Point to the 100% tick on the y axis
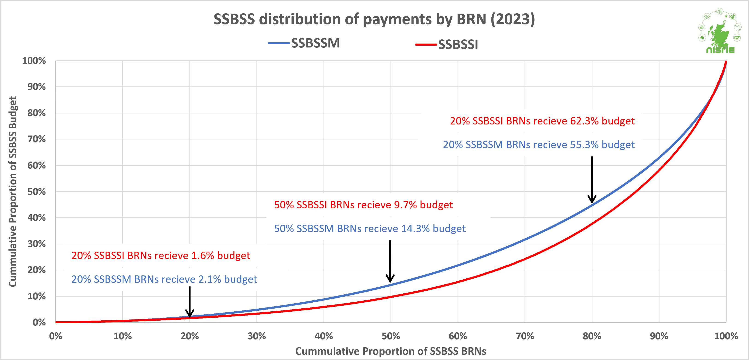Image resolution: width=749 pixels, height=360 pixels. point(34,61)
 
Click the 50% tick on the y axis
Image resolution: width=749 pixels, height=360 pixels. point(36,192)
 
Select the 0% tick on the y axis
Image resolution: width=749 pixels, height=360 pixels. point(39,322)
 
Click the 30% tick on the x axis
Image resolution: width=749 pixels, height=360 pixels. point(256,336)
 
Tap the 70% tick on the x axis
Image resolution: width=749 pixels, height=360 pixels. point(525,336)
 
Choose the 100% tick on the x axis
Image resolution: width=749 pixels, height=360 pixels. point(726,336)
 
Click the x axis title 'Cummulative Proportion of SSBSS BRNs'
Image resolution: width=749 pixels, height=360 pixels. point(391,351)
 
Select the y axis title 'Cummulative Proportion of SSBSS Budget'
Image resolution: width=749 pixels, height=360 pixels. point(13,191)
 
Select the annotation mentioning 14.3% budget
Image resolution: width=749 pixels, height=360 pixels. point(370,229)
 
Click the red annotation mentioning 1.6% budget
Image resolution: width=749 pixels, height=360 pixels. point(161,256)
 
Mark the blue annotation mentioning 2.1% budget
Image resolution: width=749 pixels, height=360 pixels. point(164,279)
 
